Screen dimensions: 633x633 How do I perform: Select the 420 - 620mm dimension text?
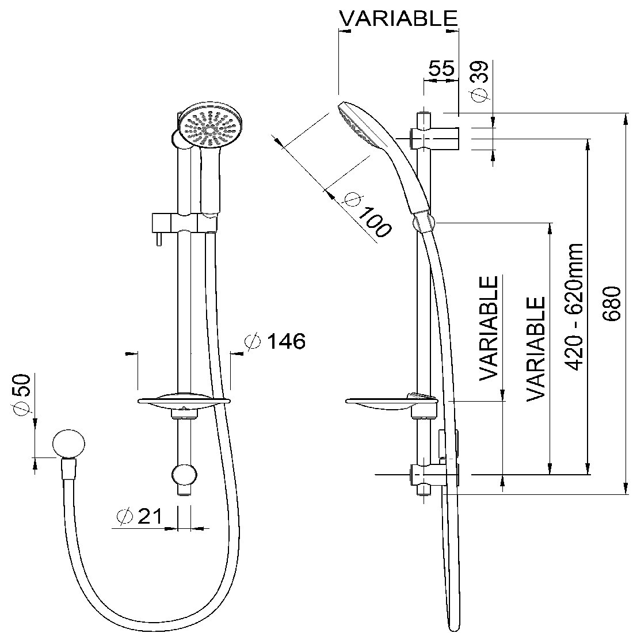pos(574,307)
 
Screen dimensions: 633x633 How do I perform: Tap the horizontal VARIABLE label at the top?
pos(398,18)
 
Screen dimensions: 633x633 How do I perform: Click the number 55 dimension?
pos(441,68)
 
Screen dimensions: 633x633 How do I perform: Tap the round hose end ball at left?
pos(68,444)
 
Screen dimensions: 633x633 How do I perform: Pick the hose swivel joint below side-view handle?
pos(424,222)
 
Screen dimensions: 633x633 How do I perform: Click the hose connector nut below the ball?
pos(68,468)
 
